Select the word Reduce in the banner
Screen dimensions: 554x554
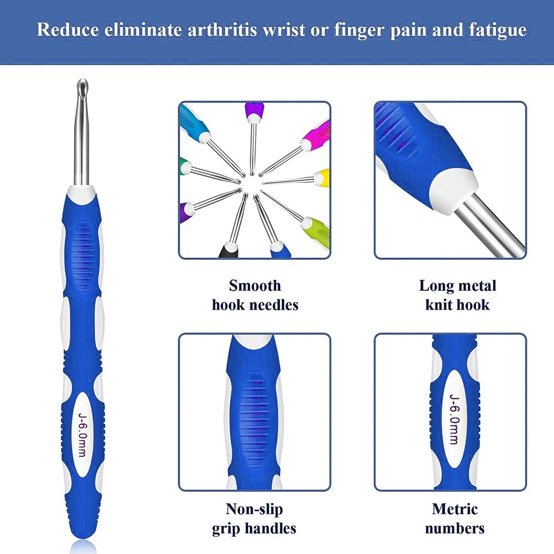68,29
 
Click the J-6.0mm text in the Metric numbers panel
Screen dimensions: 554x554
454,419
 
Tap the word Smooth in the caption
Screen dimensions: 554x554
255,285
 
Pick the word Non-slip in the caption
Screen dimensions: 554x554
254,509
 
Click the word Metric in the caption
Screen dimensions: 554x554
455,509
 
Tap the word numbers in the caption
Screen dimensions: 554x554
455,529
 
